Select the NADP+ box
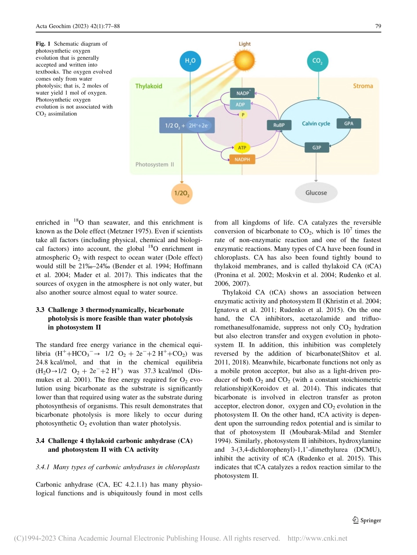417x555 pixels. click(242, 93)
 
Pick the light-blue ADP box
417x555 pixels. click(241, 105)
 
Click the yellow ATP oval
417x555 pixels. click(242, 148)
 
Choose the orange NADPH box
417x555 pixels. click(242, 160)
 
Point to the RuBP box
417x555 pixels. click(279, 125)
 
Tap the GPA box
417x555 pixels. click(349, 123)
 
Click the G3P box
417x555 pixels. click(316, 148)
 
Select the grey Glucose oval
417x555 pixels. click(316, 192)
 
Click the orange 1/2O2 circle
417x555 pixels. click(182, 193)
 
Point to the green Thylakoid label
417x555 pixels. click(149, 86)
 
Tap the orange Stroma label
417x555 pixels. click(363, 86)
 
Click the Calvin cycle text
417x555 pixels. click(316, 123)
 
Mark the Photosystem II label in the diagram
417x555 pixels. click(155, 164)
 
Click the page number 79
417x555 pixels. click(378, 26)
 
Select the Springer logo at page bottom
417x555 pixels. click(367, 520)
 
